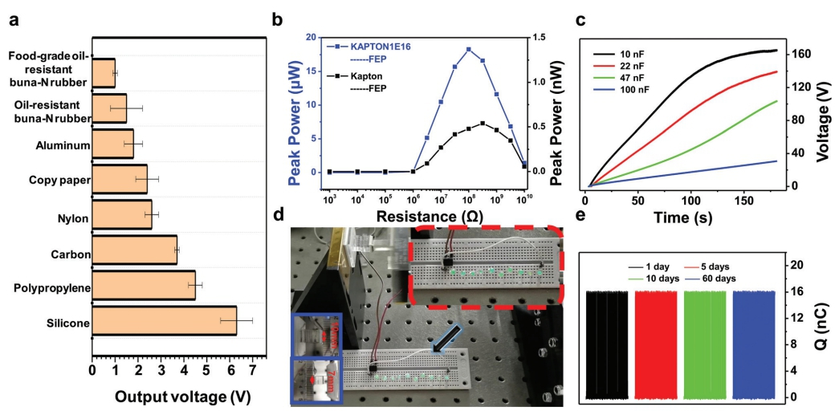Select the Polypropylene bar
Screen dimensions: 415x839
point(144,286)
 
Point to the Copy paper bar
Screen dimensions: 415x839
point(120,180)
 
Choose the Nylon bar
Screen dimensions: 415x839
point(122,216)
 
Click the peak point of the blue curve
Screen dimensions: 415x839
point(468,50)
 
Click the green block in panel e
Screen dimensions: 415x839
point(705,344)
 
